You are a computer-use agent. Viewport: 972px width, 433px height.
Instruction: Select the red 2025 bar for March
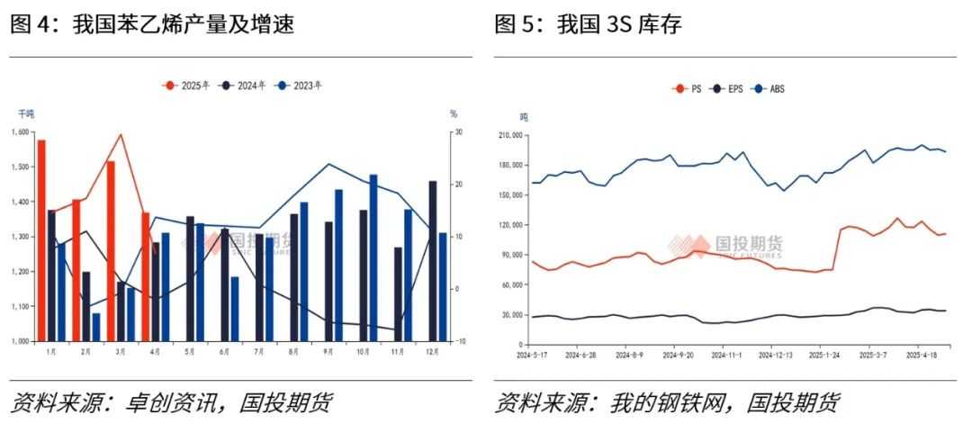click(x=111, y=251)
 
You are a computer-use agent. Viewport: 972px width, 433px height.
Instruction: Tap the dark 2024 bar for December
click(x=433, y=261)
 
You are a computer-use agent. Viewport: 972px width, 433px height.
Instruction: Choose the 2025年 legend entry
click(x=186, y=86)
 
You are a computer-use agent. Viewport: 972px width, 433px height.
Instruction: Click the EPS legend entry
click(x=728, y=89)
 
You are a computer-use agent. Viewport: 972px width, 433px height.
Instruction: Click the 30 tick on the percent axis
click(x=458, y=132)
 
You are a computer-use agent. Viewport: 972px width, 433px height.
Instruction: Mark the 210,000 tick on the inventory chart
click(x=510, y=136)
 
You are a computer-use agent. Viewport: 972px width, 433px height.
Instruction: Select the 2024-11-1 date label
click(x=725, y=356)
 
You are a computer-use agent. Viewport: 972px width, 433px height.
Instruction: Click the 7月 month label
click(x=258, y=352)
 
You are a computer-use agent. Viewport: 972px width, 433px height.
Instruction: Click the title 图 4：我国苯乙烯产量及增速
click(x=152, y=24)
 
